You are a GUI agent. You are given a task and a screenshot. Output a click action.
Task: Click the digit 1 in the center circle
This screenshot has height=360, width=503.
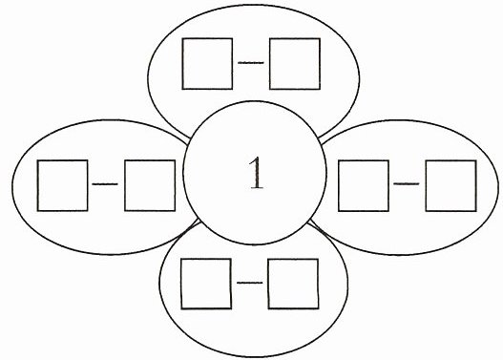pyautogui.click(x=257, y=173)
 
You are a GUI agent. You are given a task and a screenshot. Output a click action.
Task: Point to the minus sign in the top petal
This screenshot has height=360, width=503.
pyautogui.click(x=251, y=63)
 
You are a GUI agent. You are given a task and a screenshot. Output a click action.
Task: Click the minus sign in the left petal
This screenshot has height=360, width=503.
pyautogui.click(x=105, y=184)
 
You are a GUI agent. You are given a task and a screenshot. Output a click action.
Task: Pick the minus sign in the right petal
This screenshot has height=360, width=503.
pyautogui.click(x=407, y=184)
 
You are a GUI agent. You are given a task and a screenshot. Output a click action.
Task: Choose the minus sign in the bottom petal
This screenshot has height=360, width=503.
pyautogui.click(x=249, y=283)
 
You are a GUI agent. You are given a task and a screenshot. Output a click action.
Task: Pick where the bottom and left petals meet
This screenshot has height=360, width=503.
pyautogui.click(x=198, y=222)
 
